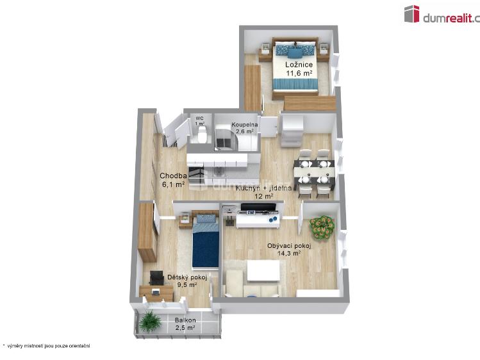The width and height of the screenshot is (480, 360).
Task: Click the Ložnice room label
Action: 299,69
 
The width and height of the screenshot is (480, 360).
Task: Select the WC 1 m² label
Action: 199,121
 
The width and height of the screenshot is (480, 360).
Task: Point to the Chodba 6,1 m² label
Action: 173,179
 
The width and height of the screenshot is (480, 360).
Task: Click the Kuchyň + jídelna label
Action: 263,192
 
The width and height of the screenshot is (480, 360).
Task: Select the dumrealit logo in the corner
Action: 442,15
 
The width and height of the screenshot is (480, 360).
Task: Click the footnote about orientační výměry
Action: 46,346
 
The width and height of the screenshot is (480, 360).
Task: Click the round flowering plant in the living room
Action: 322,225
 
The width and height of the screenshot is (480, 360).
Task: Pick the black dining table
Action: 314,171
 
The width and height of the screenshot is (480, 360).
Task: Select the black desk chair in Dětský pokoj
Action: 156,278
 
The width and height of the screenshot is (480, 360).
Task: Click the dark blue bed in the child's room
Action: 206,242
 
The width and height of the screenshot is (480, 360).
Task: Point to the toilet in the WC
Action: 202,135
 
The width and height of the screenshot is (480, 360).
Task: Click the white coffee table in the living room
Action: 263,270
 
